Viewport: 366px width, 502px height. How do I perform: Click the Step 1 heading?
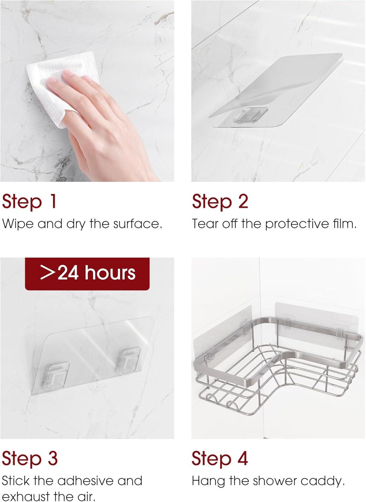coord(29,201)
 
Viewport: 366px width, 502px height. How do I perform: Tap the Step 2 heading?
coord(220,201)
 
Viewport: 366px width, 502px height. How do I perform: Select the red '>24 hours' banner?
coord(87,274)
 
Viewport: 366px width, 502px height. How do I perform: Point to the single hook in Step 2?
coord(251,115)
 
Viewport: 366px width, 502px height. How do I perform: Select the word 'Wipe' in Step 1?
coord(18,224)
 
